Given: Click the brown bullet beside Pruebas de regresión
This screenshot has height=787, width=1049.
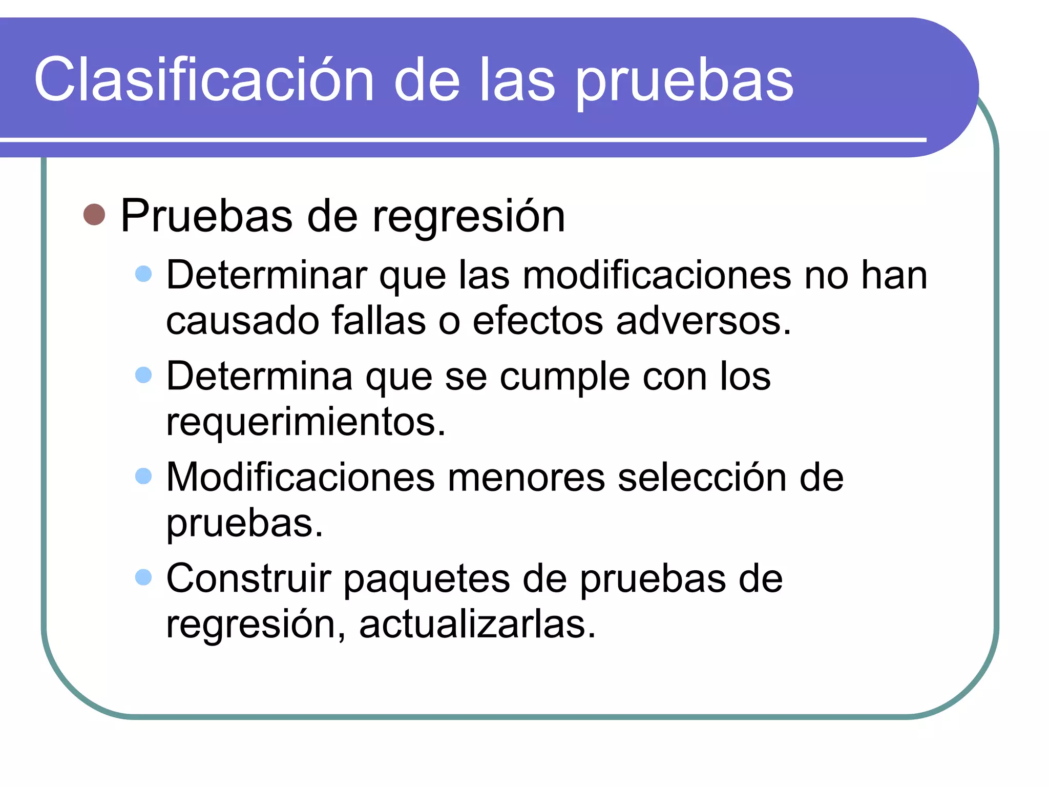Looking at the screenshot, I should [94, 215].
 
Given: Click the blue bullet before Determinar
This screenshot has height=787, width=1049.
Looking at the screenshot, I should [143, 274].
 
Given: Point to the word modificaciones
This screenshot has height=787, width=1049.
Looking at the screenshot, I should [657, 275].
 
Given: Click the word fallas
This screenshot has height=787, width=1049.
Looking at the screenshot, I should [379, 321].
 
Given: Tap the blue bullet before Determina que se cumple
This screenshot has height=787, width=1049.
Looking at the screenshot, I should [143, 375].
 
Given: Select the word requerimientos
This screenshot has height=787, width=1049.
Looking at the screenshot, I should [306, 422].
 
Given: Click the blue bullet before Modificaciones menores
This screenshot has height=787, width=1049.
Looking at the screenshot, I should [143, 476].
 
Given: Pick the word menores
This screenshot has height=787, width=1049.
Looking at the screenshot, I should [526, 478].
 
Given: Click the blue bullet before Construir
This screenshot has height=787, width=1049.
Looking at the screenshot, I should [143, 577].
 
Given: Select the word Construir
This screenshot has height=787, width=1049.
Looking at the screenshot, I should [248, 578].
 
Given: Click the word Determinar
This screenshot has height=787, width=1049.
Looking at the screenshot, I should [267, 275].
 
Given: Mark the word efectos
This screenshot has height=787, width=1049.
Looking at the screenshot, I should [538, 321].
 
